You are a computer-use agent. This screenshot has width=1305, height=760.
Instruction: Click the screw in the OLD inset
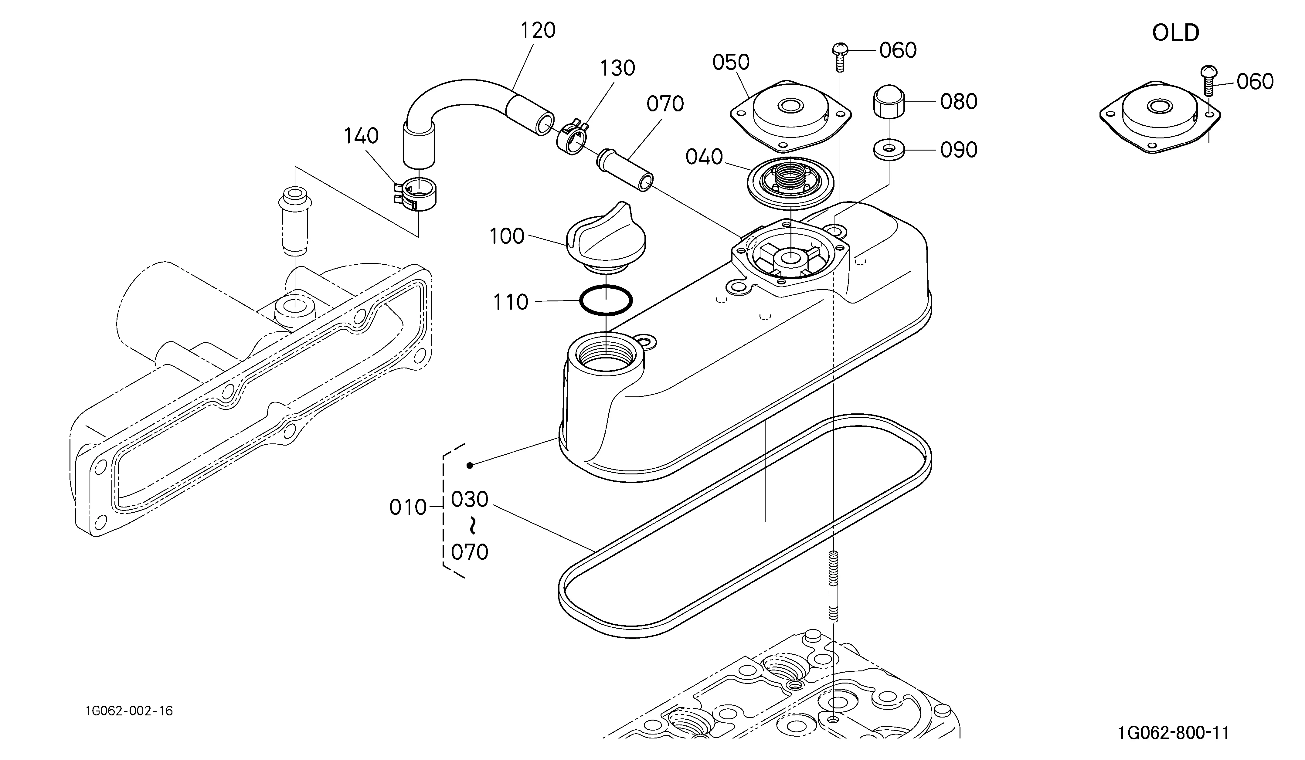click(x=1209, y=80)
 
